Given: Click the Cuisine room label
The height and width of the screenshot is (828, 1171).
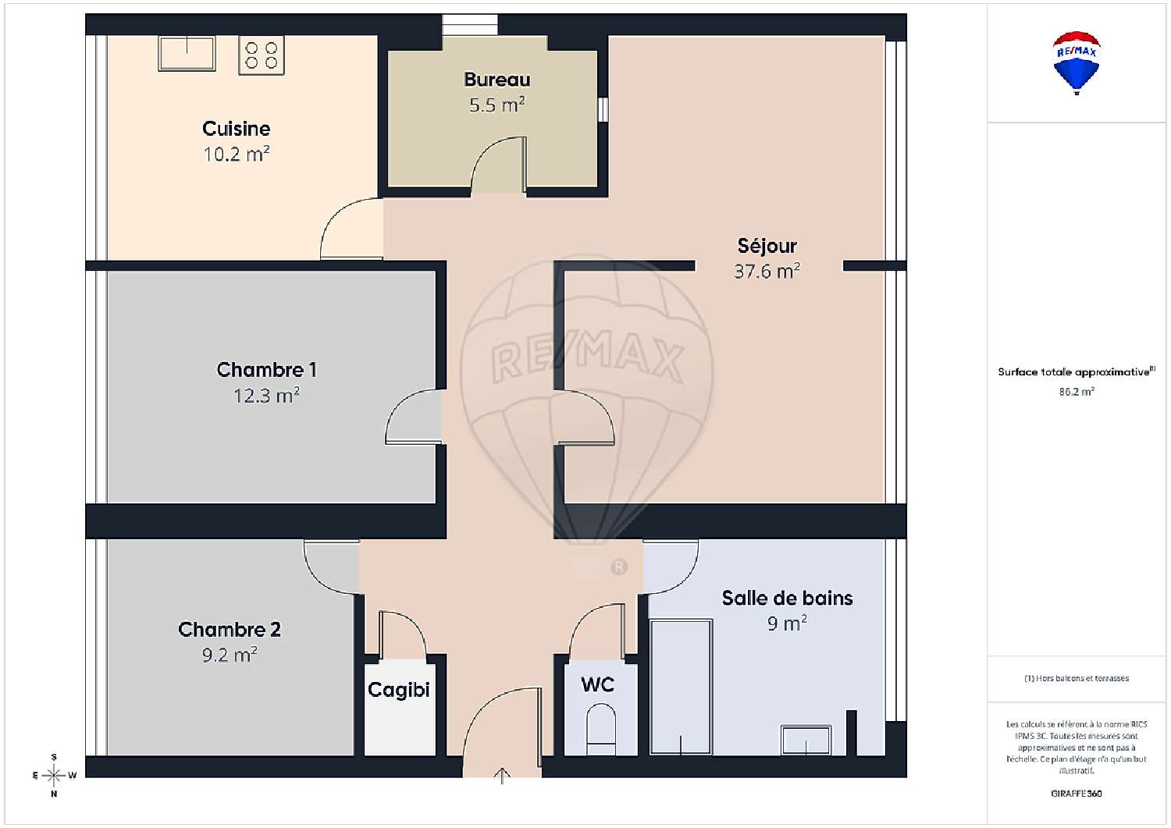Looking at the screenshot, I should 236,129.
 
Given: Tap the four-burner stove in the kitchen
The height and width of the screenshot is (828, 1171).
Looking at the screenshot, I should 262,55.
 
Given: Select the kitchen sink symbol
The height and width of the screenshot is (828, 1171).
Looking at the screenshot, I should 187,53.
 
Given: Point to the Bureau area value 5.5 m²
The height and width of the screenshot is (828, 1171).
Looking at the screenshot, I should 497,105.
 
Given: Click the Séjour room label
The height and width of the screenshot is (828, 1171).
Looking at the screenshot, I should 767,246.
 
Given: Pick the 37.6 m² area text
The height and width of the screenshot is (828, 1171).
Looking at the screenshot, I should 767,272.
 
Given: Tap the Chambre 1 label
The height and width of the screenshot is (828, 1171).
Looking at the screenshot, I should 266,370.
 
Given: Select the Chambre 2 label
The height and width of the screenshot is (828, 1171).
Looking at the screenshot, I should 229,630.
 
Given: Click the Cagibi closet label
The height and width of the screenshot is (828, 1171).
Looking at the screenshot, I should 398,690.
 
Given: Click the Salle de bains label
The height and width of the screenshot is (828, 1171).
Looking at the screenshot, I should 787,599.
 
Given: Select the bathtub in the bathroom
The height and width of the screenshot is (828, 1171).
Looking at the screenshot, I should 681,687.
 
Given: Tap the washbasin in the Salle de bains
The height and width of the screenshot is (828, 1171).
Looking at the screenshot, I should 806,740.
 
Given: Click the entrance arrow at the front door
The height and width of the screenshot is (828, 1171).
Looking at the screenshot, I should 502,775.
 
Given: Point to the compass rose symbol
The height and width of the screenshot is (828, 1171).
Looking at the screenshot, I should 54,776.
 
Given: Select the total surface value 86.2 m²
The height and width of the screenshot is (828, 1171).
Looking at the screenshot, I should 1077,392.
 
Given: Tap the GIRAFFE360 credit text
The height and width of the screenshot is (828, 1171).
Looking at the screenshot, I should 1077,794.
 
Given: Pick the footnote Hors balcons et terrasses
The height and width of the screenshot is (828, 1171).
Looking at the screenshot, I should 1077,678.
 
